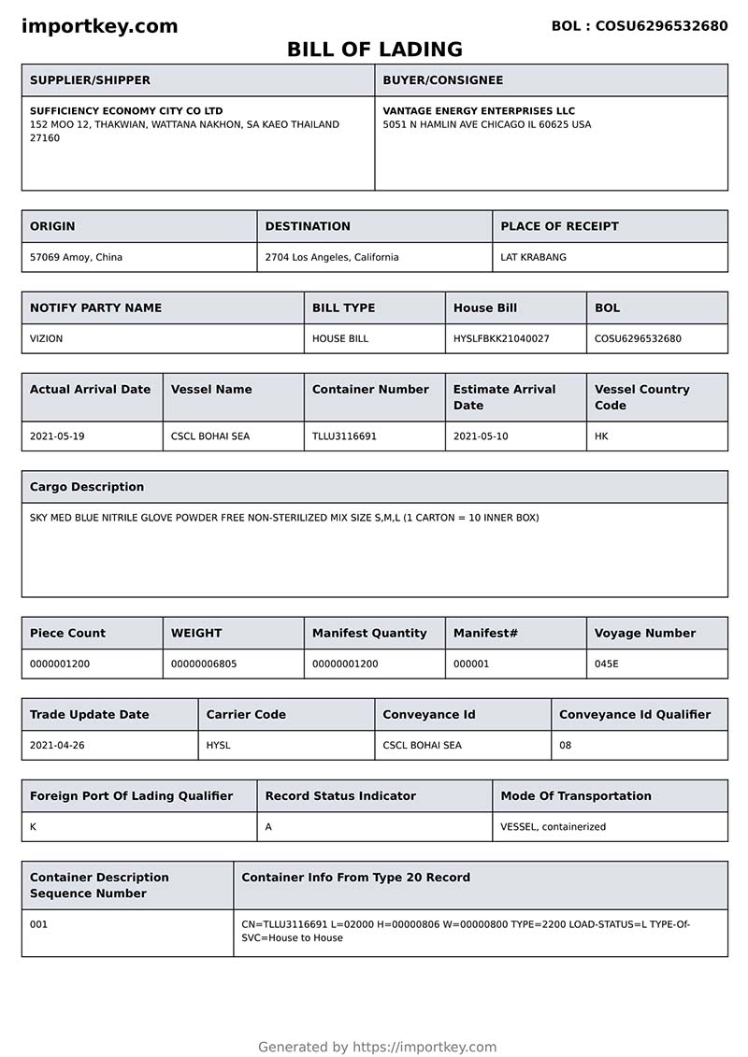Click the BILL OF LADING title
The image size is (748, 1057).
click(x=374, y=50)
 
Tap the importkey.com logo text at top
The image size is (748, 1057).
click(x=99, y=26)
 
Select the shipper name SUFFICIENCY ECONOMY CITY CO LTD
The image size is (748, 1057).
click(x=126, y=111)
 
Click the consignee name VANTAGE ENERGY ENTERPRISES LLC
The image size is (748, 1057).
click(x=479, y=111)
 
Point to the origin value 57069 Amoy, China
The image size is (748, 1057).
click(x=76, y=257)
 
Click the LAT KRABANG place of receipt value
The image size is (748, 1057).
click(x=533, y=257)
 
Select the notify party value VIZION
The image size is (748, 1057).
click(x=46, y=338)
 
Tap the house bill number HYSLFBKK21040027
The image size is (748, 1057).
click(x=501, y=338)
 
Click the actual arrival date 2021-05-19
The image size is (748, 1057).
click(x=57, y=436)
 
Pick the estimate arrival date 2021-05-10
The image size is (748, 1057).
click(x=481, y=436)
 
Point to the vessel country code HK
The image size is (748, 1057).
click(x=601, y=436)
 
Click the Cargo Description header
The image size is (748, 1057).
click(x=87, y=487)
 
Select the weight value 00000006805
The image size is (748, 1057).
click(x=203, y=664)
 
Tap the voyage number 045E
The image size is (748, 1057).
click(x=607, y=664)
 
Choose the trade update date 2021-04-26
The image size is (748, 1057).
click(x=57, y=745)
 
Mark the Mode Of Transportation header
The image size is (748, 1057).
click(x=576, y=796)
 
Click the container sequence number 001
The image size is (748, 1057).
click(x=38, y=924)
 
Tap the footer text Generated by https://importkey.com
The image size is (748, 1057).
click(x=377, y=1047)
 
